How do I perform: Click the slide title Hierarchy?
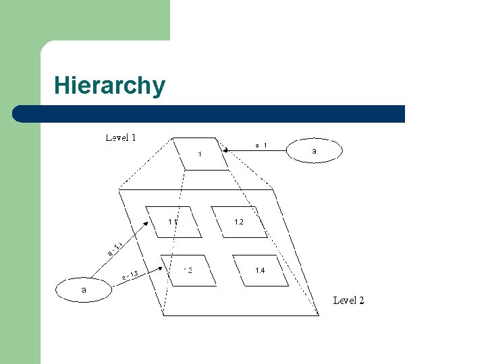tap(109, 86)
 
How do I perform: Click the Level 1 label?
tap(121, 138)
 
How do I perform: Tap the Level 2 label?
tap(348, 300)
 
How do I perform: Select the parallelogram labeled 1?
tap(200, 154)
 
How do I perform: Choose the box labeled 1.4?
tap(260, 270)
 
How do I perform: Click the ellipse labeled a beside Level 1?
tap(315, 151)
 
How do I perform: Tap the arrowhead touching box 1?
tap(227, 152)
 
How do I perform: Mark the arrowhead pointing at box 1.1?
tap(149, 223)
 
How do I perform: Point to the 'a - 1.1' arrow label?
tap(115, 249)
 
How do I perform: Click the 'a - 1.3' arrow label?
tap(130, 276)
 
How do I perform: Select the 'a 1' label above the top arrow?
tap(261, 145)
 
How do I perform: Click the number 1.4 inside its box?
tap(260, 270)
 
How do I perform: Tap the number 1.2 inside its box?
tap(238, 222)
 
